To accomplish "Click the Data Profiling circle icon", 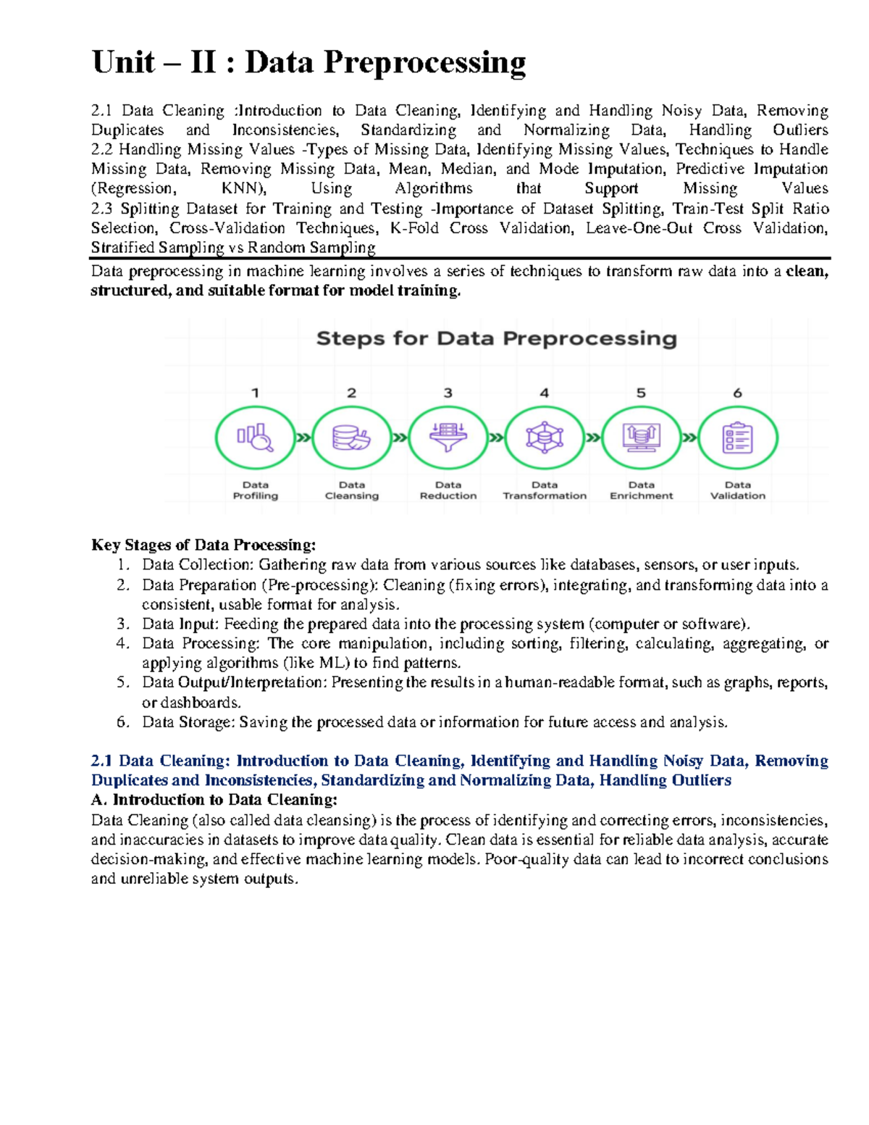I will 255,438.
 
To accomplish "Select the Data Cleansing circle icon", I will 351,438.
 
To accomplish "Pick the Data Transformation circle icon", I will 545,438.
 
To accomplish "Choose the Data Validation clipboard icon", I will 737,438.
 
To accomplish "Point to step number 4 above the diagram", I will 545,393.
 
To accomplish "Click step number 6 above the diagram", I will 737,393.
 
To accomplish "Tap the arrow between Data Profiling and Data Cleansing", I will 303,438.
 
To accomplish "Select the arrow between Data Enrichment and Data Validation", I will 689,438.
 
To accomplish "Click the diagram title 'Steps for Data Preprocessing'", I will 497,338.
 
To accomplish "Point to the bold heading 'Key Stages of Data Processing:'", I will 203,545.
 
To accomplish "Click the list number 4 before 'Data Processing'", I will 122,643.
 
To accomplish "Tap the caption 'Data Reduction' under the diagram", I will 448,490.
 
